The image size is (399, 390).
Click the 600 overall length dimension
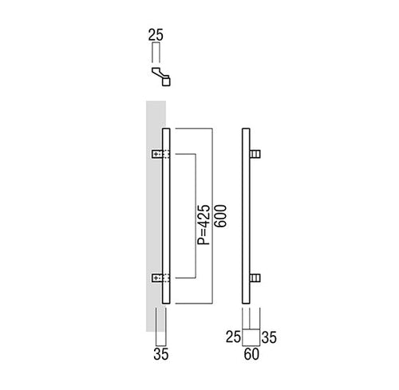click(220, 215)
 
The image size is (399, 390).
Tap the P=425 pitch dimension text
click(203, 225)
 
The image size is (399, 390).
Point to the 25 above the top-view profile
click(156, 35)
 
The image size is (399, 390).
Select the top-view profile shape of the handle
click(161, 77)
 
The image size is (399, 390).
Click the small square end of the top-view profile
click(166, 81)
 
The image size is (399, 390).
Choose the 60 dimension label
click(251, 354)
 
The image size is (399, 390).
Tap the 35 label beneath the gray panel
click(161, 354)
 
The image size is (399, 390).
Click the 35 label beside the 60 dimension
click(269, 337)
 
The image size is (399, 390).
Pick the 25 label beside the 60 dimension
click(233, 337)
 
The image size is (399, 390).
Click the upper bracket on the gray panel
click(160, 154)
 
